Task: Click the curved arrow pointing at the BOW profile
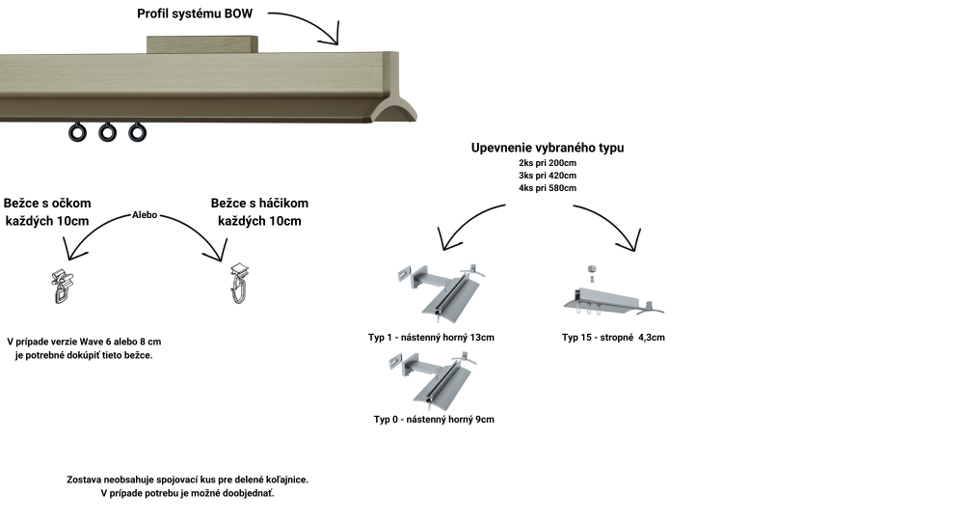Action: tap(308, 24)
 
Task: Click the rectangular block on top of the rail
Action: tap(203, 45)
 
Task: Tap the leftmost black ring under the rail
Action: tap(77, 132)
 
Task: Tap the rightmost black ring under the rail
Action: tap(138, 131)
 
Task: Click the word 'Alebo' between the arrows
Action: tap(145, 215)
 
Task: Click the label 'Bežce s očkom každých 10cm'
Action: tap(47, 212)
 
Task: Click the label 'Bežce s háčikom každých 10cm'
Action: tap(259, 212)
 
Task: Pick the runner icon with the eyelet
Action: tap(62, 286)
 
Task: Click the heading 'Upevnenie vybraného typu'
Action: tap(547, 148)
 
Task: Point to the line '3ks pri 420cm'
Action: tap(547, 175)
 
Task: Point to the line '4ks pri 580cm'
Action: tap(547, 187)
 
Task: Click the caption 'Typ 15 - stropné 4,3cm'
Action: tap(613, 338)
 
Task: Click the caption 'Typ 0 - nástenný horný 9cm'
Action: tap(434, 420)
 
